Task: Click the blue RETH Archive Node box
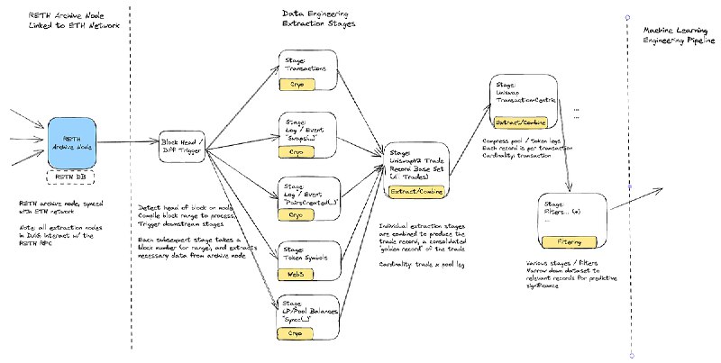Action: click(78, 142)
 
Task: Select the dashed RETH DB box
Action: click(78, 177)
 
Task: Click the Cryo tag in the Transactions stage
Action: click(298, 82)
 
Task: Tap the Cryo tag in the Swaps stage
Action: click(298, 152)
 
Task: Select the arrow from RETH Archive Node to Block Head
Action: click(130, 142)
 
